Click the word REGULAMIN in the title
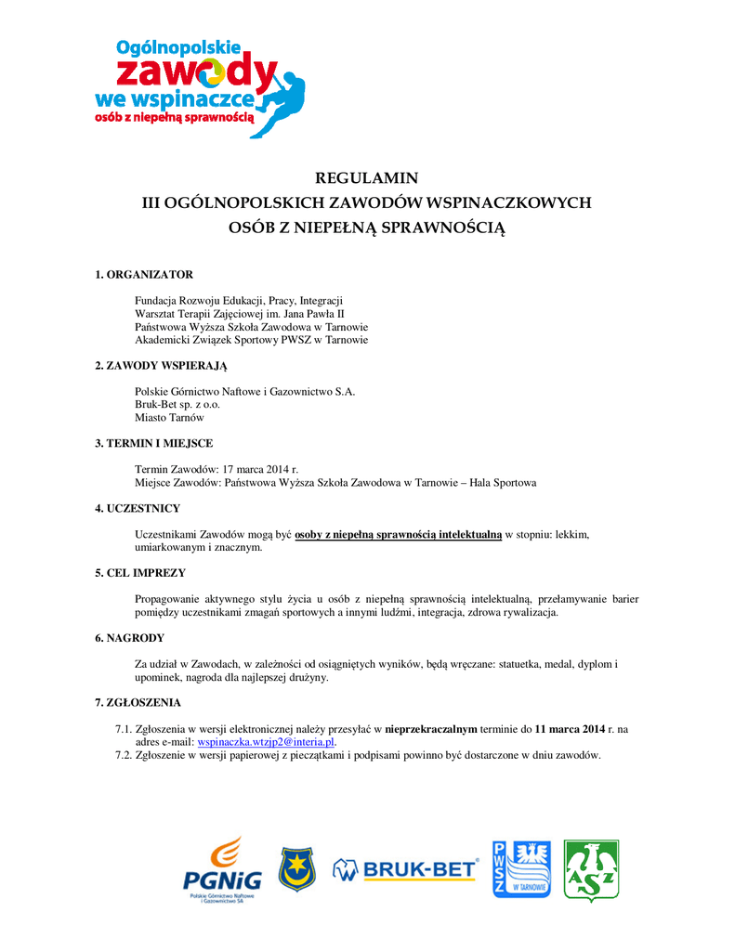click(367, 177)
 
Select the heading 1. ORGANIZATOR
click(144, 275)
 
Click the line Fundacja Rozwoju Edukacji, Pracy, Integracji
click(239, 301)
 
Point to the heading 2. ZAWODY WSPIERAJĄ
click(161, 366)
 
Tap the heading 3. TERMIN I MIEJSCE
click(153, 444)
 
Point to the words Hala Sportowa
click(503, 483)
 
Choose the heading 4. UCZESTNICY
click(138, 509)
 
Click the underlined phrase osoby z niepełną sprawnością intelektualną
click(398, 535)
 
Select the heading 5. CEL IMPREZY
click(140, 573)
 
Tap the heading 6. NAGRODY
click(130, 638)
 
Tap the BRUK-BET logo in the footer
click(406, 870)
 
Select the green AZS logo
click(591, 870)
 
